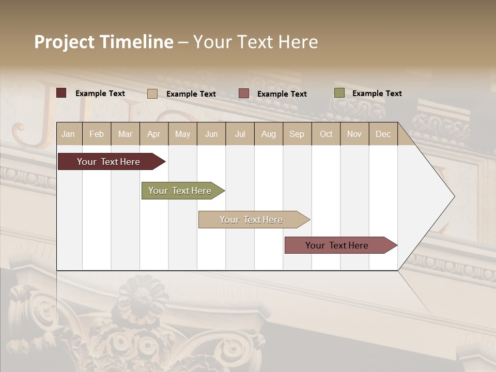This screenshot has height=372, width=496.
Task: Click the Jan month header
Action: coord(68,134)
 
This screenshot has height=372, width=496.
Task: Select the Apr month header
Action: coord(153,134)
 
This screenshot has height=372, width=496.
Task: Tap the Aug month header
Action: coord(268,134)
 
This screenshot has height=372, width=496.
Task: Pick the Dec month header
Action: coord(383,134)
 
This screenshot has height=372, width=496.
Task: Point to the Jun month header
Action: coord(211,134)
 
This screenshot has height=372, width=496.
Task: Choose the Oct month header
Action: coord(326,134)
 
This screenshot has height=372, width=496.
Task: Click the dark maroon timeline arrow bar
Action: coord(109,162)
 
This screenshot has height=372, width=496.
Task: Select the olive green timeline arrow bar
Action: coord(180,191)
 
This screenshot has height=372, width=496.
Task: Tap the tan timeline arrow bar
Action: coord(251,220)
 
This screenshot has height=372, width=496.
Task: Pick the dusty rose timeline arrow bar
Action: coord(337,245)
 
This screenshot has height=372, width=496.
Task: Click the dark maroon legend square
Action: coord(61,93)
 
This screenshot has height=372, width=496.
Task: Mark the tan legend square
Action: coord(152,94)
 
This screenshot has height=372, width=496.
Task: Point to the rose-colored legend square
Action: coord(244,94)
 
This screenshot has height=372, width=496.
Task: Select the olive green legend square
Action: coord(339,93)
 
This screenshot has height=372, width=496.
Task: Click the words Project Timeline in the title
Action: coord(103,42)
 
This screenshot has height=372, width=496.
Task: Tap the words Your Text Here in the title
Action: coord(255,42)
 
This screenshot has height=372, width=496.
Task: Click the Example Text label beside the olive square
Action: coord(377,93)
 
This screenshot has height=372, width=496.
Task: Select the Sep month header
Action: coord(297,134)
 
